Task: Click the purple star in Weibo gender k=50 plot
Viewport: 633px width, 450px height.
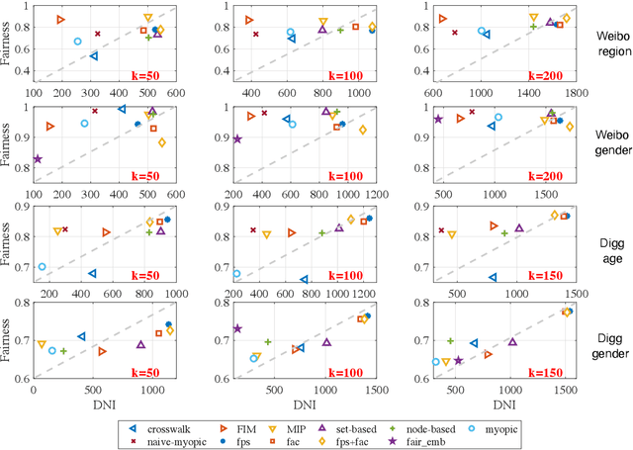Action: point(38,158)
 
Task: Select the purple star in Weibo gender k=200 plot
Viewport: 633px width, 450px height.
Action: point(438,120)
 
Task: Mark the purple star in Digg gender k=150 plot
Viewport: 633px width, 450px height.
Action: point(458,361)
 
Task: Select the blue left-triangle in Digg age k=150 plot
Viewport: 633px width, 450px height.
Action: point(493,278)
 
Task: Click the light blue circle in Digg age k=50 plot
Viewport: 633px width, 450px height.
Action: point(43,267)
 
